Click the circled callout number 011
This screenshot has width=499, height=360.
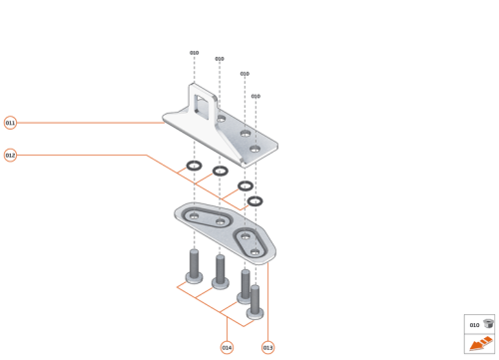coord(10,123)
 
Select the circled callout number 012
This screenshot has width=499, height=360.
coord(10,156)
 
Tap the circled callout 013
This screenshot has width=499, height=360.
coord(267,347)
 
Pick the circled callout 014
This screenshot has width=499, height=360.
coord(227,347)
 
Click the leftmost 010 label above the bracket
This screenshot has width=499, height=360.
coord(194,52)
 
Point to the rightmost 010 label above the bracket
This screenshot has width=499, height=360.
coord(255,96)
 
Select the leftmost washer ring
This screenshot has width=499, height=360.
coord(194,165)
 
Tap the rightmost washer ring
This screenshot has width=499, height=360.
coord(255,200)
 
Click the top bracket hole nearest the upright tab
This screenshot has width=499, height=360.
coord(220,119)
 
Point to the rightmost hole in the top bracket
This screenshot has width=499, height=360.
coord(255,149)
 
